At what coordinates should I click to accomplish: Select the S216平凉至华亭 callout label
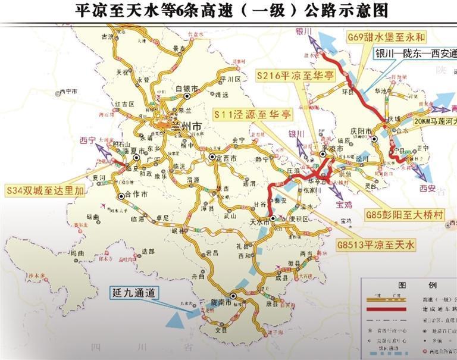(295, 76)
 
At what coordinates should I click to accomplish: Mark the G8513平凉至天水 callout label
(375, 244)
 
